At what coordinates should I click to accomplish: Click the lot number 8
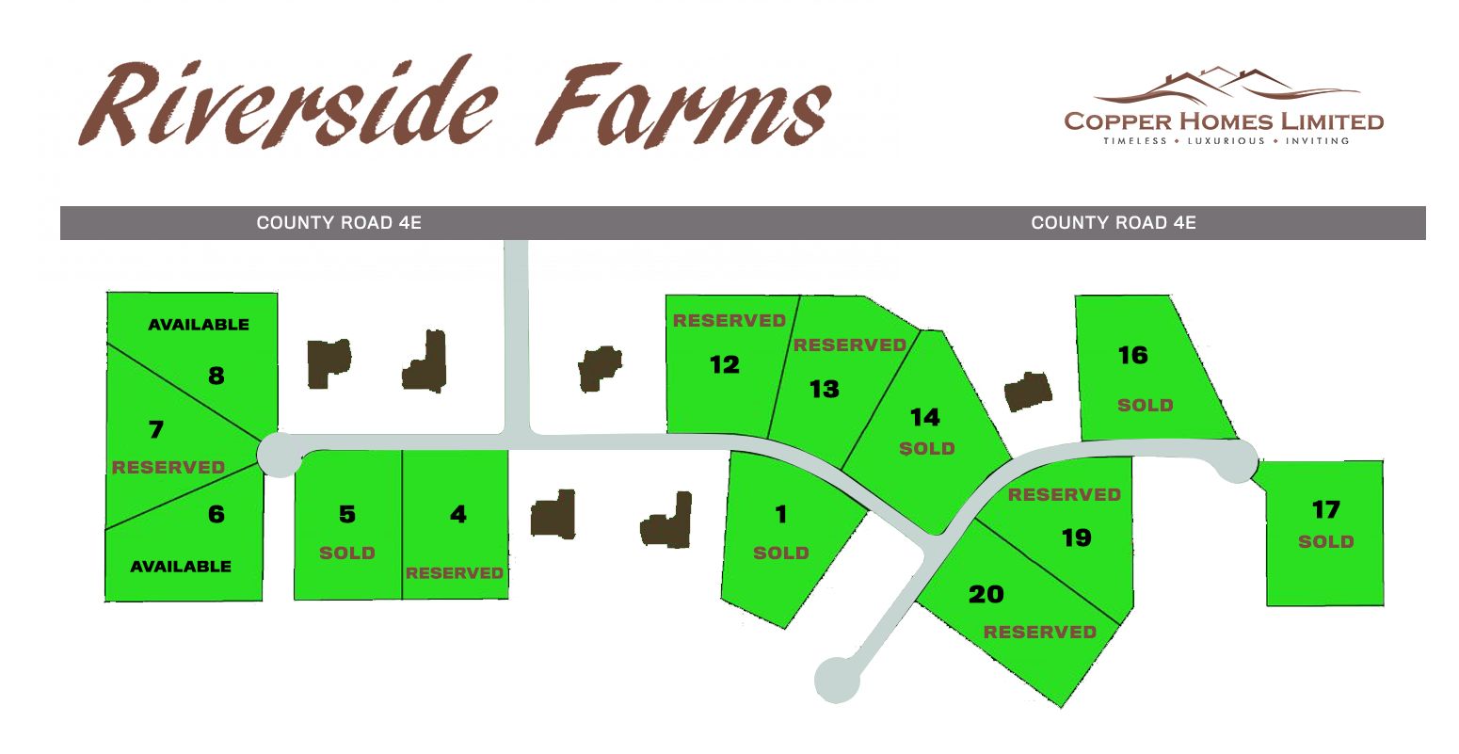[216, 376]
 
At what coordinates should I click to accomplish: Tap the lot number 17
[1325, 509]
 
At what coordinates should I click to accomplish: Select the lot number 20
[986, 594]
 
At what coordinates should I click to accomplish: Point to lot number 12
[725, 364]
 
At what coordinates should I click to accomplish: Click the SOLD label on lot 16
[1145, 405]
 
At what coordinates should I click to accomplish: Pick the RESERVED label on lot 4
[455, 572]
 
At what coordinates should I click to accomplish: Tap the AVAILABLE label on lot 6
[181, 566]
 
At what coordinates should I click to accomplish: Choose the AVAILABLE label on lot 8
[199, 324]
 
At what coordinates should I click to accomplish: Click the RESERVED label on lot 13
[849, 345]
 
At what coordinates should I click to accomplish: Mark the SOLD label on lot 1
[780, 553]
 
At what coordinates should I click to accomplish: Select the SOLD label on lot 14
[927, 448]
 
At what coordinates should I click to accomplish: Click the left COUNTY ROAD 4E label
[339, 223]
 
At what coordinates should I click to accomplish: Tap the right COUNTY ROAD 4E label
[1114, 223]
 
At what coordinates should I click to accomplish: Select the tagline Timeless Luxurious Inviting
[1226, 141]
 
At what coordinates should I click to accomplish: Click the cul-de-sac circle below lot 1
[837, 679]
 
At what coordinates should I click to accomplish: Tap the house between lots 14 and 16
[1027, 392]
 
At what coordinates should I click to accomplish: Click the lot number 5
[347, 514]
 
